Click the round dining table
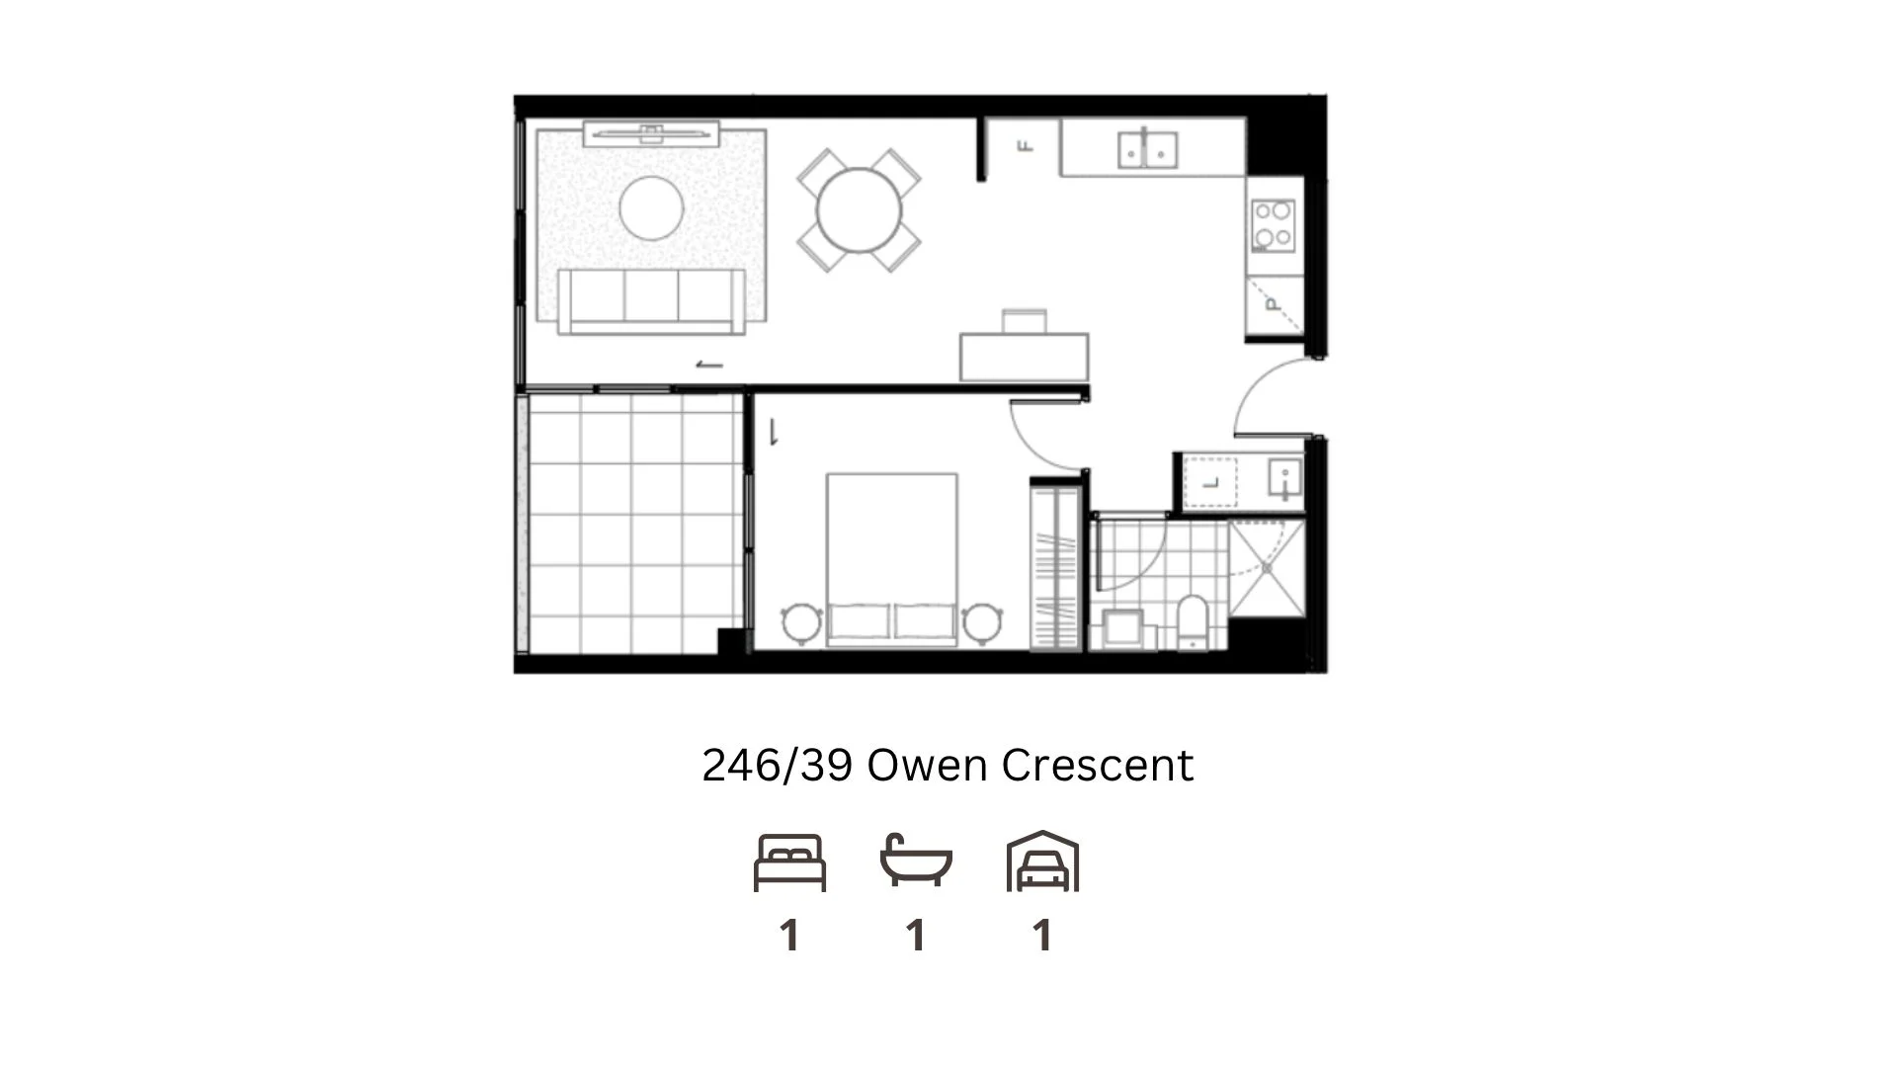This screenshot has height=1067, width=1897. (859, 210)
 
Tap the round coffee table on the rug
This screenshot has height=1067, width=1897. (651, 207)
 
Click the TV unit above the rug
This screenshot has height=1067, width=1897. (651, 133)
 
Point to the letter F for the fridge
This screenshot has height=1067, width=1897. (1026, 146)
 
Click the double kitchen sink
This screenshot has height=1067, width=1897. (1147, 150)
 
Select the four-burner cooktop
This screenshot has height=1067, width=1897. (1273, 224)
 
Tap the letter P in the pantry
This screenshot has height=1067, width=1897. (1273, 304)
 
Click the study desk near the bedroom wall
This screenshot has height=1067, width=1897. (1025, 356)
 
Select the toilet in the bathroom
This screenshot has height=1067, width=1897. (1193, 622)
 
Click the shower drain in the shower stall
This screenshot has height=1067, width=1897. (1267, 569)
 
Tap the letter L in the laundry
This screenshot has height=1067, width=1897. (1211, 483)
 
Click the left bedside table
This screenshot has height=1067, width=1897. (801, 623)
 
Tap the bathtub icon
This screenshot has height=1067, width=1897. (916, 862)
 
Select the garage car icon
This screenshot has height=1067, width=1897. (1042, 862)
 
